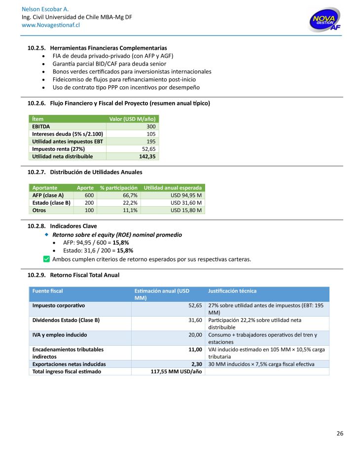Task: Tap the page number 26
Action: [340, 434]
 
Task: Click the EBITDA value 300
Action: [150, 127]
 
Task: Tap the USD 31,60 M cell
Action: [186, 203]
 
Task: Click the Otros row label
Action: [39, 210]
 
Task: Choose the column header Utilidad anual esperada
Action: [173, 188]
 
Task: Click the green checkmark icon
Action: [46, 259]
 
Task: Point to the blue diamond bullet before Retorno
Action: [47, 235]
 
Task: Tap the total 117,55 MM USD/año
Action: [176, 371]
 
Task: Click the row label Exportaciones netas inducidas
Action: [69, 364]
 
